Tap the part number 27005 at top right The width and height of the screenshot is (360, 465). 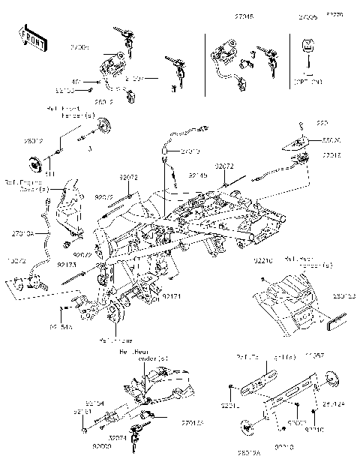tap(307, 16)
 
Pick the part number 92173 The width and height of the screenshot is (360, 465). tap(67, 265)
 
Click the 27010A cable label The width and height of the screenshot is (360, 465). tap(22, 234)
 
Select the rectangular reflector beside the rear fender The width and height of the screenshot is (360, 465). tap(336, 323)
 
